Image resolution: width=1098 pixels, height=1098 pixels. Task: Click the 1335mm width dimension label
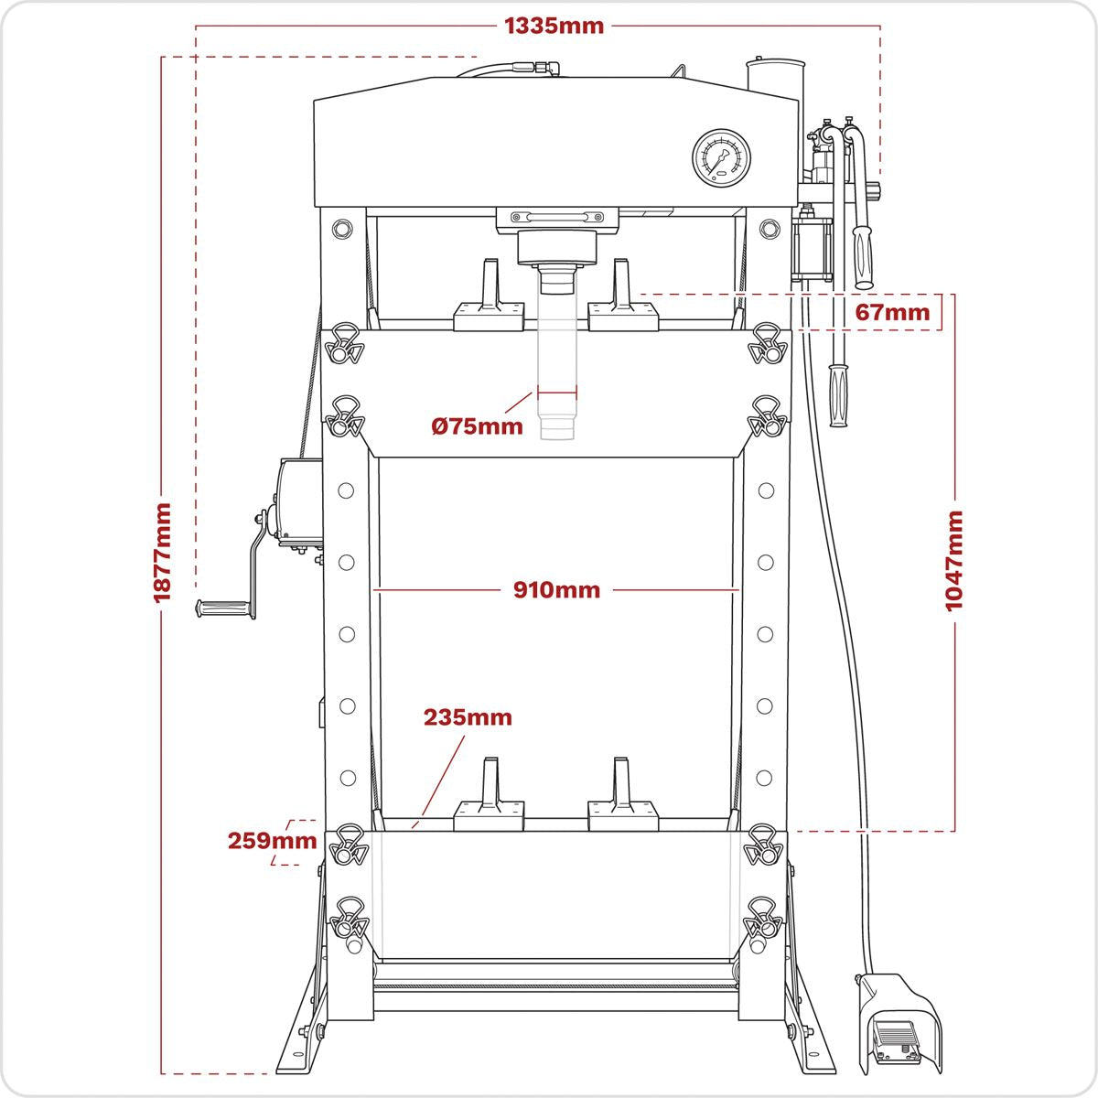click(x=554, y=26)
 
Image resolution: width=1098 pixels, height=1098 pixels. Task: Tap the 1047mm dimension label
click(x=954, y=560)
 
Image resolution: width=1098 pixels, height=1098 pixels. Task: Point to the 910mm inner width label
click(x=556, y=590)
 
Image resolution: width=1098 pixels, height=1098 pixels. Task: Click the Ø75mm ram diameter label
click(x=477, y=425)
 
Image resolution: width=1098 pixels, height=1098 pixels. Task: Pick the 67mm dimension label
click(x=892, y=312)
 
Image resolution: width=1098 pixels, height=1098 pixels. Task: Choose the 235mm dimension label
click(x=468, y=717)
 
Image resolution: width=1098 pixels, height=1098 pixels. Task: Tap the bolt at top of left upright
click(x=344, y=227)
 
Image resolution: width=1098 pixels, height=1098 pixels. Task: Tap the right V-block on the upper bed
click(x=623, y=302)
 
